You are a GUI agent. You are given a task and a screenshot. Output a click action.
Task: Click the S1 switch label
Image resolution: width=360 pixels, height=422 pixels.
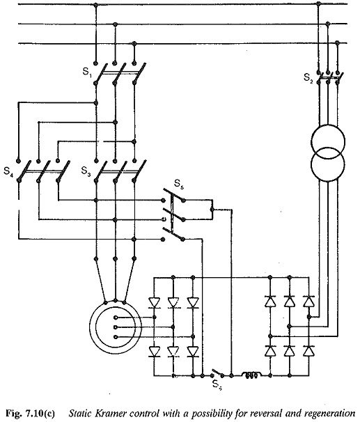(87, 72)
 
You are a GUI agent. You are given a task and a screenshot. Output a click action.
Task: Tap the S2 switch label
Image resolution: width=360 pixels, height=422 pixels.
(308, 78)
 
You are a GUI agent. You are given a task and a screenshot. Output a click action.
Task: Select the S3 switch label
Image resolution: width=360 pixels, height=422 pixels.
(86, 171)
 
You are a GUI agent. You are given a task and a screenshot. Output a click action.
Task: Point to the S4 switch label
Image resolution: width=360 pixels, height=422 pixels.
(8, 171)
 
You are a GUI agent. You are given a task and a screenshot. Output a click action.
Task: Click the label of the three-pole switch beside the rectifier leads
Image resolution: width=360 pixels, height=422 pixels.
(179, 184)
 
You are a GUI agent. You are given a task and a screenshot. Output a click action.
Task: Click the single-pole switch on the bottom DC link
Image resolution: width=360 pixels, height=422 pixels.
(217, 373)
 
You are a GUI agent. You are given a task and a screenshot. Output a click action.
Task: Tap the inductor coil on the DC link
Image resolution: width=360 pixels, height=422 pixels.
(251, 375)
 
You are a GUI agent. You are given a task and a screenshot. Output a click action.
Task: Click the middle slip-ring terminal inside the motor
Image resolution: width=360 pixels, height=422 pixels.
(116, 327)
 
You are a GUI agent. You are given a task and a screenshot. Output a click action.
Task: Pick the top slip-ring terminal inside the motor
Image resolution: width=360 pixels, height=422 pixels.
(116, 318)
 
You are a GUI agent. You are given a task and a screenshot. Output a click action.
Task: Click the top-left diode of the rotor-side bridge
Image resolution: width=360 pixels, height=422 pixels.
(154, 302)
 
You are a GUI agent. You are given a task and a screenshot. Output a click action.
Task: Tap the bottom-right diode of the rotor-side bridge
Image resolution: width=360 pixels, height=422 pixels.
(193, 351)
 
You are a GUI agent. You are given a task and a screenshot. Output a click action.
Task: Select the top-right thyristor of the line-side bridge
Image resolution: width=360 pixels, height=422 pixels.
(308, 301)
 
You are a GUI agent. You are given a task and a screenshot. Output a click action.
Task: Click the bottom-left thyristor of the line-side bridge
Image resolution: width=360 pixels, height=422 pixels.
(270, 351)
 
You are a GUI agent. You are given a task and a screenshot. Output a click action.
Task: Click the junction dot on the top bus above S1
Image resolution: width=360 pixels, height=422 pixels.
(96, 5)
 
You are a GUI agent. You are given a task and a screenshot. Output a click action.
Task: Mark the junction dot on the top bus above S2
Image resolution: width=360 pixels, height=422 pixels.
(318, 3)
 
